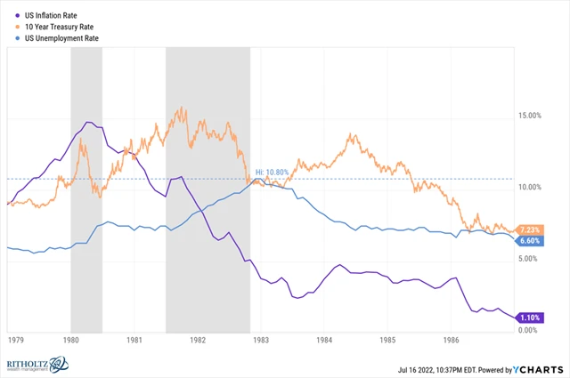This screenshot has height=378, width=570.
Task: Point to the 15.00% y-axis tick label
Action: point(529,115)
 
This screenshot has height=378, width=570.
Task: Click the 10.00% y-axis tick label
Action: point(529,187)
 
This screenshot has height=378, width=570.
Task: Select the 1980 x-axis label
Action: point(71,340)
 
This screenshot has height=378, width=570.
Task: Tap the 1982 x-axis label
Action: point(198,340)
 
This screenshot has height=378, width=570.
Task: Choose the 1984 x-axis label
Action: point(324,340)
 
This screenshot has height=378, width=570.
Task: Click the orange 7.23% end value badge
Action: point(530,229)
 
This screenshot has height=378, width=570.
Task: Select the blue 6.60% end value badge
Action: point(530,241)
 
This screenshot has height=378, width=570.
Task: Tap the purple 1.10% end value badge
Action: point(530,318)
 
